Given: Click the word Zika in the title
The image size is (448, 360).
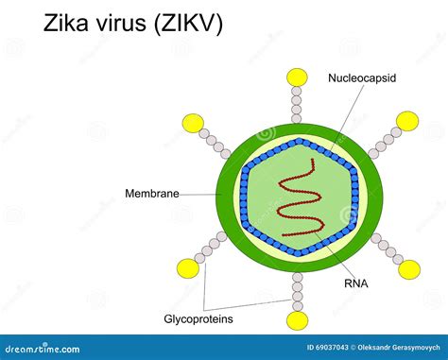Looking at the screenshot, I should click(x=71, y=24).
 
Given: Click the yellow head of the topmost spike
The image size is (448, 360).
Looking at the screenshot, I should click(x=298, y=77).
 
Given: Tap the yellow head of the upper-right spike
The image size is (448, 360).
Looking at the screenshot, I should click(x=406, y=120).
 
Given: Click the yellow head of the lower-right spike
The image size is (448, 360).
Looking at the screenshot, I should click(x=408, y=269).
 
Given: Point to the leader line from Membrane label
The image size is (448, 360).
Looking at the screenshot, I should click(x=198, y=195).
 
